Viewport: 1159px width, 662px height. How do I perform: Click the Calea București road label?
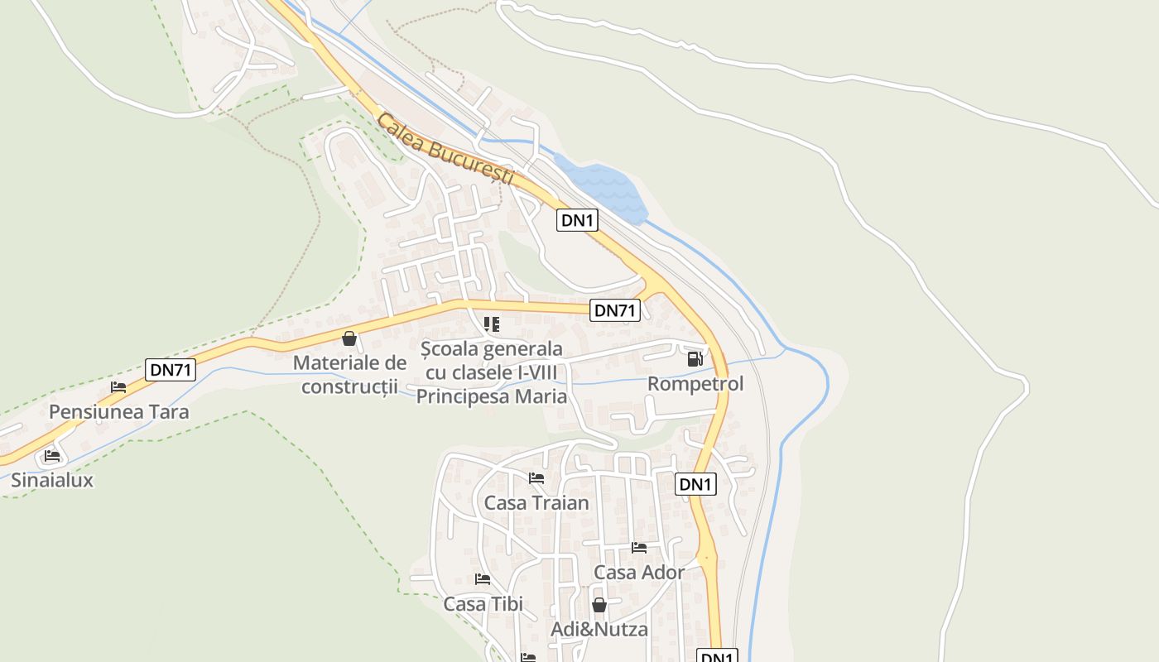pos(445,149)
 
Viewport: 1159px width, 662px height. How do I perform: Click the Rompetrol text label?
pos(695,384)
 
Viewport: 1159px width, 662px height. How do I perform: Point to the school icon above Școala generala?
pos(492,324)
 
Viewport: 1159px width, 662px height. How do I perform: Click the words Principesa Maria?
pos(492,396)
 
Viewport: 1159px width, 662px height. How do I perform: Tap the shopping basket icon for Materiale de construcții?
pos(349,338)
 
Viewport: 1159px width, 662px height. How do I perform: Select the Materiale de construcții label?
pos(349,374)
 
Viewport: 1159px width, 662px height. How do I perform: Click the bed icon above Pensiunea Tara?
pos(118,387)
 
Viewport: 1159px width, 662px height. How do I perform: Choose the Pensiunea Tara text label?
pos(118,412)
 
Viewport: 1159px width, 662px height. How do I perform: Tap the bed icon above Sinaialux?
pos(52,455)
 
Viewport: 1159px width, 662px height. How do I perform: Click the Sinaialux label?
pos(52,480)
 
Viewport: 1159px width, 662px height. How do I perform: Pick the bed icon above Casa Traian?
pos(536,478)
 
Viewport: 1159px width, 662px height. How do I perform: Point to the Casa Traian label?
pos(536,503)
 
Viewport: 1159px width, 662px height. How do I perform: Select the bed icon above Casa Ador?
pos(639,548)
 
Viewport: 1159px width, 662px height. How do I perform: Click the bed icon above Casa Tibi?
pos(483,579)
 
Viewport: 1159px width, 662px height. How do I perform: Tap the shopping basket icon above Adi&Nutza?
pos(599,605)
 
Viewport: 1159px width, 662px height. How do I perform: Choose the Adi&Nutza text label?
pos(599,630)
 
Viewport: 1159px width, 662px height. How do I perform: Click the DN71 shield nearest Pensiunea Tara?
pos(171,370)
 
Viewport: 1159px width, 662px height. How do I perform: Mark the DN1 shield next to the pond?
pos(577,220)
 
